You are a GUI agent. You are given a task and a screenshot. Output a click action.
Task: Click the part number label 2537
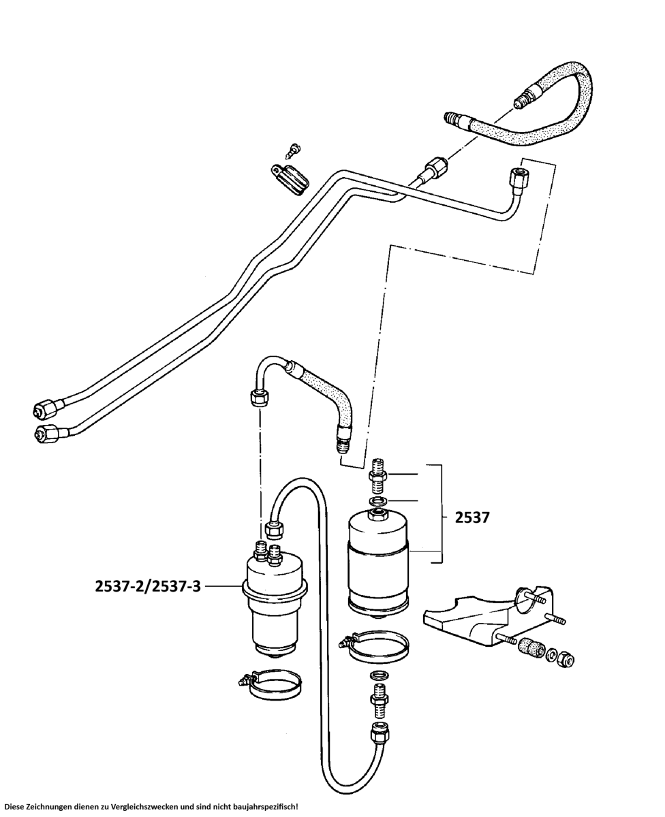coord(472,517)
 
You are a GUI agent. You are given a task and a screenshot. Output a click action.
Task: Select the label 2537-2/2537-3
coord(148,586)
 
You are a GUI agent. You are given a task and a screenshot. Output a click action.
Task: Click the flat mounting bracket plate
coord(470,616)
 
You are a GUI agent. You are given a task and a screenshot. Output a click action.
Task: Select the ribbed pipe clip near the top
coord(289,178)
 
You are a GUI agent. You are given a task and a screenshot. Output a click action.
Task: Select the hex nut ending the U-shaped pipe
coord(380,733)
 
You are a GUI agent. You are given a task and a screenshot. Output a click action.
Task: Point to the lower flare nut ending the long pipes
coord(45,432)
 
